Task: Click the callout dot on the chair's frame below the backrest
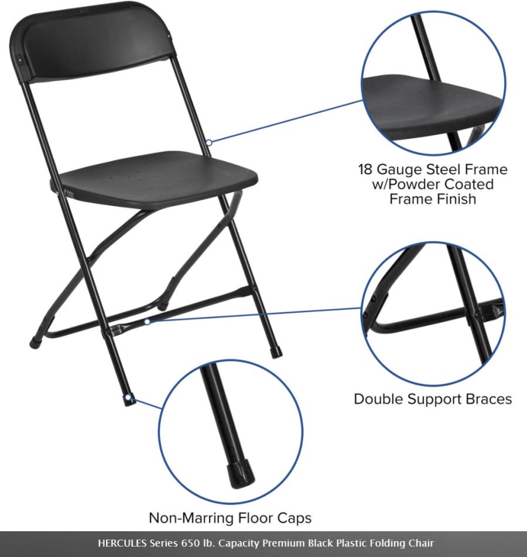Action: pyautogui.click(x=209, y=142)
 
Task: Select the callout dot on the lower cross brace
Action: pyautogui.click(x=148, y=322)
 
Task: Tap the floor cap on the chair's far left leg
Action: pyautogui.click(x=35, y=343)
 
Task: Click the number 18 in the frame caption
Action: pyautogui.click(x=365, y=169)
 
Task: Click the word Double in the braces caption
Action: pyautogui.click(x=379, y=399)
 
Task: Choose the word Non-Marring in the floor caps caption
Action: pyautogui.click(x=192, y=518)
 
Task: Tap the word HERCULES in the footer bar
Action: pyautogui.click(x=122, y=543)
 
